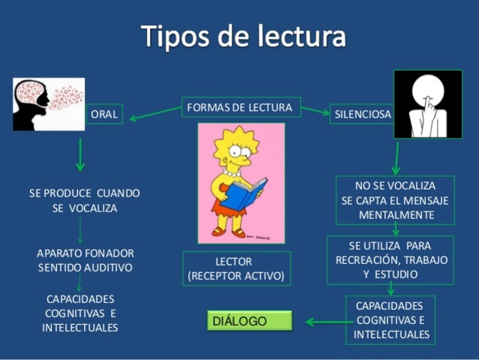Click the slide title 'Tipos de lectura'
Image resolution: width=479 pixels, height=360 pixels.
(243, 36)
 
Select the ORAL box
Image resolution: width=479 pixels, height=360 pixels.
(104, 114)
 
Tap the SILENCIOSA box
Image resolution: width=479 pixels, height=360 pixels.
(362, 114)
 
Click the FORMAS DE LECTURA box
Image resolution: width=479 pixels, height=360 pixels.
(241, 107)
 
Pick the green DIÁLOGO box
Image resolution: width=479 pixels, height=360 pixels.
(248, 321)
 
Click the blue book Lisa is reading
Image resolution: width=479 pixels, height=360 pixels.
(239, 193)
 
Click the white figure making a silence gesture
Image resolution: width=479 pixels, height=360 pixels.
(427, 104)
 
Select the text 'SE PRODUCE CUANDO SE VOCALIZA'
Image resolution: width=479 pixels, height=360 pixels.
(85, 200)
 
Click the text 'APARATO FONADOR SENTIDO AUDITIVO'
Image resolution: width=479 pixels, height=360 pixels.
(85, 259)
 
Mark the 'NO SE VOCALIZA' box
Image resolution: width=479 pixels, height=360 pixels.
(395, 200)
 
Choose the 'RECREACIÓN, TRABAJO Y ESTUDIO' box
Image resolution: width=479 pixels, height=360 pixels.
(390, 259)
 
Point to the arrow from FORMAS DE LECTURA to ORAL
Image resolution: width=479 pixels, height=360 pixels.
(154, 114)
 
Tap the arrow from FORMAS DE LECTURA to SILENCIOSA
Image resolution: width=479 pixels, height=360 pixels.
(315, 112)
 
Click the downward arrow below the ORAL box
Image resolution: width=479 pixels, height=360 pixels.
(80, 156)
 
